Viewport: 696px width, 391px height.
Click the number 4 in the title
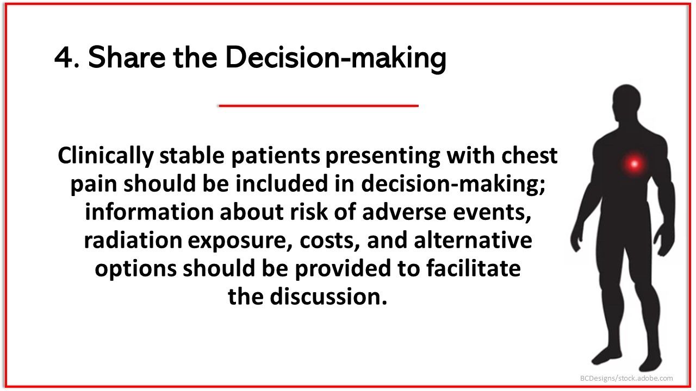pyautogui.click(x=64, y=58)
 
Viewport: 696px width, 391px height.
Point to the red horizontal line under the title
pyautogui.click(x=318, y=105)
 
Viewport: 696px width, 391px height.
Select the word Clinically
pyautogui.click(x=105, y=156)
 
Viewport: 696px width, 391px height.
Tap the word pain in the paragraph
pyautogui.click(x=94, y=184)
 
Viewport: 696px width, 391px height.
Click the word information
pyautogui.click(x=150, y=212)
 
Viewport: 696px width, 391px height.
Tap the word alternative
pyautogui.click(x=473, y=241)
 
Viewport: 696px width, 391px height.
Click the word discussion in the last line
pyautogui.click(x=328, y=297)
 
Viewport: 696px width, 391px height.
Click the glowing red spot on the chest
pyautogui.click(x=633, y=163)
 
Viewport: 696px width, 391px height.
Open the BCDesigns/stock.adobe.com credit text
pyautogui.click(x=626, y=378)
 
